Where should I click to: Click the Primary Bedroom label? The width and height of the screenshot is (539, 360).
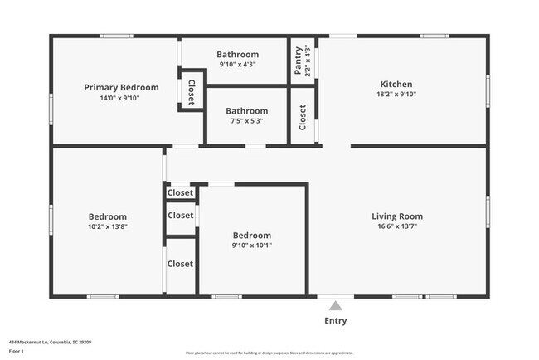[121, 87]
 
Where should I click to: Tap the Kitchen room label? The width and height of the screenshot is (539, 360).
[396, 84]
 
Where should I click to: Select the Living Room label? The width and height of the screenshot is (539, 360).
[396, 216]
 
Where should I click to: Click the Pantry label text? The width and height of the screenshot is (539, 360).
[299, 60]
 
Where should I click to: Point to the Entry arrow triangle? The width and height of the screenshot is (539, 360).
[336, 304]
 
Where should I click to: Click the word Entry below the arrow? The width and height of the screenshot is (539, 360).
[336, 321]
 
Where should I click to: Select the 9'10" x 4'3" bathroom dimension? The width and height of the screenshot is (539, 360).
[238, 65]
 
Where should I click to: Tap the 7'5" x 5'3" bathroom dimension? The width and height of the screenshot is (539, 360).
[247, 121]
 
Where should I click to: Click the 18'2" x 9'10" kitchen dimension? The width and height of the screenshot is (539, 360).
[396, 95]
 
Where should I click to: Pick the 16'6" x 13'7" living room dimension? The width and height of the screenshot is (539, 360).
[396, 226]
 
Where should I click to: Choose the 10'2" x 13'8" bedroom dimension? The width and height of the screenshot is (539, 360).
[109, 226]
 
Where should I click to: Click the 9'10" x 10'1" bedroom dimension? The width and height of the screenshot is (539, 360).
[251, 245]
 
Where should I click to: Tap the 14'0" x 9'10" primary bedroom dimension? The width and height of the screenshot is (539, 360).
[121, 98]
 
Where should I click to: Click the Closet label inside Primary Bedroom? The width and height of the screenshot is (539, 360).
[191, 93]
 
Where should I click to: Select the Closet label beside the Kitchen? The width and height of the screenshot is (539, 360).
[303, 117]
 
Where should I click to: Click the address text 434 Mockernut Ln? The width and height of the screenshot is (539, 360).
[49, 341]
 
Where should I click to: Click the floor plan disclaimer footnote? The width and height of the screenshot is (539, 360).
[269, 353]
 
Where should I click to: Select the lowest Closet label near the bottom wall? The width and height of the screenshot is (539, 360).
[180, 264]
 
